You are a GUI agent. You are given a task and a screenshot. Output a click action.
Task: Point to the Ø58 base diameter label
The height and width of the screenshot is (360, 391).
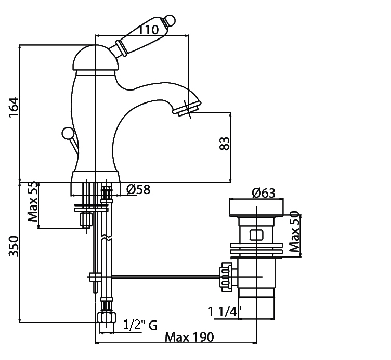click(138, 190)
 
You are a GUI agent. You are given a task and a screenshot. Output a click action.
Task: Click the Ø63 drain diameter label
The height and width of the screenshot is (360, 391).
click(264, 194)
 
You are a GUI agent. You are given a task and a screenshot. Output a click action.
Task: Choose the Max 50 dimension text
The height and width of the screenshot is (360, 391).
click(294, 232)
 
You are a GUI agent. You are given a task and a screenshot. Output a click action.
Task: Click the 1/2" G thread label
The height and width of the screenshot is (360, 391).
click(140, 325)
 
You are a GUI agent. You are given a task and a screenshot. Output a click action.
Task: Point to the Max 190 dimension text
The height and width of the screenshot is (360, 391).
click(189, 337)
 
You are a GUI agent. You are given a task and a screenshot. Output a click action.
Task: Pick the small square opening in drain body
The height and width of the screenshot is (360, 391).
click(256, 235)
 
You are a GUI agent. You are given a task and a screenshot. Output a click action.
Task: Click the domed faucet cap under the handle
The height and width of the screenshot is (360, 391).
click(92, 59)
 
